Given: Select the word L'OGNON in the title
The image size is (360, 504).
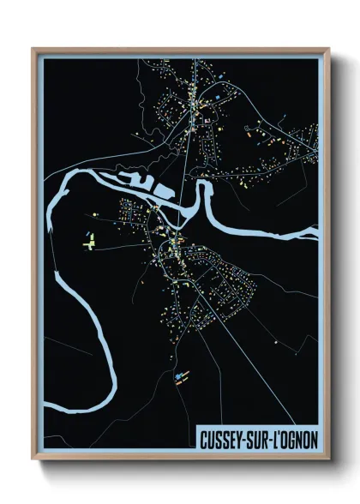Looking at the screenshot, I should (297, 437).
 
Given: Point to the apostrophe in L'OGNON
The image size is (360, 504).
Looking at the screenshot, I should (280, 433).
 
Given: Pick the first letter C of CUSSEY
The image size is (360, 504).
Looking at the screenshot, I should (203, 437).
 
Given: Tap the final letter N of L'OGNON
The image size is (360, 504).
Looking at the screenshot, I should (314, 437).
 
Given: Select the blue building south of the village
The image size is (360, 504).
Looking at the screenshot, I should (179, 375).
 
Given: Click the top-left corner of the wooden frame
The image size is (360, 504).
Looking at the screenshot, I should (33, 49).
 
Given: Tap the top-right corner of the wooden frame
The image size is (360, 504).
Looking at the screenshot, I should (328, 49).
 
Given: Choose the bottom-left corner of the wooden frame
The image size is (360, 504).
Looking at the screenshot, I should (33, 460).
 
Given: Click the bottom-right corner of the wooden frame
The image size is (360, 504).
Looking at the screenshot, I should (328, 460).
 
